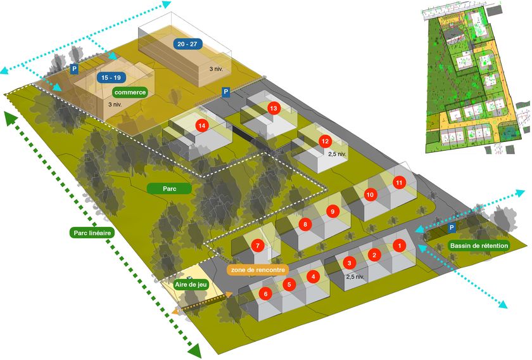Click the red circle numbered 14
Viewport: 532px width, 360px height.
click(x=202, y=125)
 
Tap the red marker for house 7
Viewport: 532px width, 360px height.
click(x=258, y=245)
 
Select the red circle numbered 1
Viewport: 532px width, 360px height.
click(x=399, y=245)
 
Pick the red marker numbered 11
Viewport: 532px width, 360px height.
click(x=399, y=183)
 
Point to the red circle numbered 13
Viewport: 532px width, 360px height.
click(x=274, y=108)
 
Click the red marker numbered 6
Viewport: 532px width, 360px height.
click(x=266, y=294)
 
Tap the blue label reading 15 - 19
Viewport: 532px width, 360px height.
click(x=110, y=77)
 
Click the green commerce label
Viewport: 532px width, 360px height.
click(x=130, y=92)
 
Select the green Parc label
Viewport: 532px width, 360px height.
click(x=168, y=188)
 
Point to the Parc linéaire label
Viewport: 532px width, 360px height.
click(x=91, y=233)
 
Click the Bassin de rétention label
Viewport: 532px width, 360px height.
click(x=478, y=246)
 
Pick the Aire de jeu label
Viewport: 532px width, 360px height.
click(x=191, y=285)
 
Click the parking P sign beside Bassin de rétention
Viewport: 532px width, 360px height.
click(x=452, y=227)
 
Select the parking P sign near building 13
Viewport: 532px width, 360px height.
click(x=225, y=93)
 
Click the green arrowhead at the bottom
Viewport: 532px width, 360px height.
click(x=195, y=350)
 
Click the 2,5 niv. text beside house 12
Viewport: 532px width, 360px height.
click(x=338, y=153)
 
